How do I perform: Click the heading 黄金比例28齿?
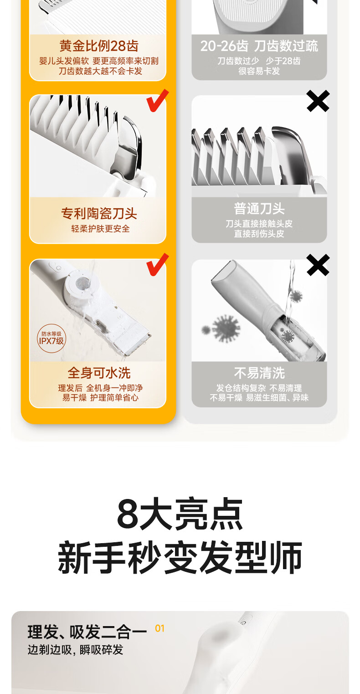pos(98,46)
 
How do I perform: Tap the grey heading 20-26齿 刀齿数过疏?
pos(259,46)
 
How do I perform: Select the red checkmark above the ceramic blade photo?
pos(157,101)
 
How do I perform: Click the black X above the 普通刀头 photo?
pos(318,101)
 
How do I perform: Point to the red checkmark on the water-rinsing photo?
pos(157,265)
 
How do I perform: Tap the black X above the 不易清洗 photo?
pos(318,265)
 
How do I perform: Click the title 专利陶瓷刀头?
pos(98,213)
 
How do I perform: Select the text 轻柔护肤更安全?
pos(100,229)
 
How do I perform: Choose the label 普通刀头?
pos(259,209)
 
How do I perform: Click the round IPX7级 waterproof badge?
pos(51,339)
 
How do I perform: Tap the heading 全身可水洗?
pos(99,373)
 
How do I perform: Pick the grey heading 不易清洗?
pos(259,373)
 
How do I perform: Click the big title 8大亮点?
pos(180,514)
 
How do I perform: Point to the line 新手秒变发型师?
pos(180,558)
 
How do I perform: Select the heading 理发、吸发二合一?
pos(87,632)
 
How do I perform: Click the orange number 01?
pos(159,628)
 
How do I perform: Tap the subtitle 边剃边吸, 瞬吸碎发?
pos(76,650)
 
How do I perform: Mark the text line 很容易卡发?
pos(259,71)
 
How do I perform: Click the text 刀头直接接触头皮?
pos(259,224)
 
